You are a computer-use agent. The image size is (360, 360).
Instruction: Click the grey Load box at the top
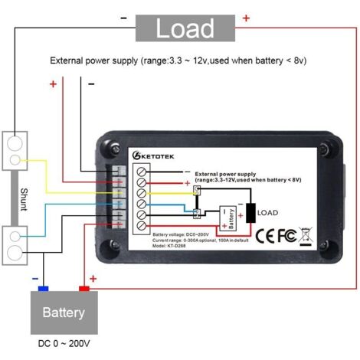tap(185, 28)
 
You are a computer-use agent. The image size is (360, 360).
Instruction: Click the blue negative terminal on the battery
tap(44, 288)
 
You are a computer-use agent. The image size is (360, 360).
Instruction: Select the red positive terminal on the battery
tap(83, 288)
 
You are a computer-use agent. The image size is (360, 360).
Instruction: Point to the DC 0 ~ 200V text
tap(64, 346)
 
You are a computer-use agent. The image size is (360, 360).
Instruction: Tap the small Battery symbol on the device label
tap(227, 218)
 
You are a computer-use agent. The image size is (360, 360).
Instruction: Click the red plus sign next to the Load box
tap(246, 17)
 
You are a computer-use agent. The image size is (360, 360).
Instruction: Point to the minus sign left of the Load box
tap(123, 18)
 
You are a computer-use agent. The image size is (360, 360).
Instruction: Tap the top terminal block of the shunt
tap(16, 152)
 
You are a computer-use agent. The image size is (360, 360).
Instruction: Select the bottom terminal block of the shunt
tap(16, 244)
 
